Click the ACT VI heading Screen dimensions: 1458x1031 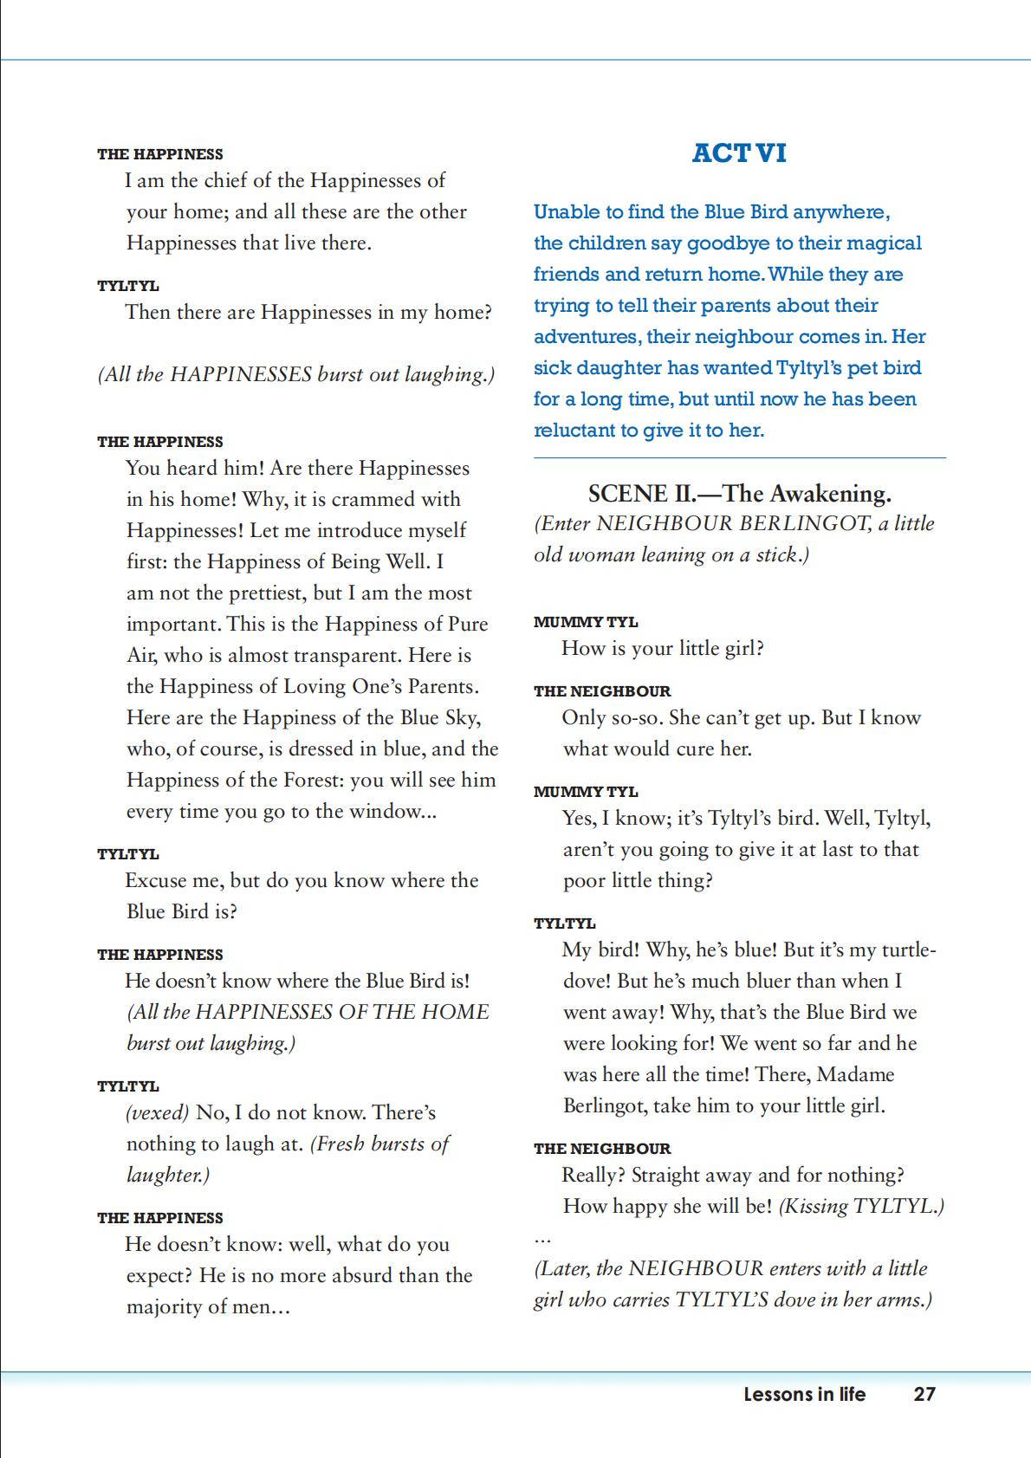[739, 153]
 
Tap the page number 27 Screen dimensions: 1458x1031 [924, 1394]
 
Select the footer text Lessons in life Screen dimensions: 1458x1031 [804, 1394]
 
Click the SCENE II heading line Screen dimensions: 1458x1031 [739, 494]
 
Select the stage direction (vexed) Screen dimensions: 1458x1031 [157, 1113]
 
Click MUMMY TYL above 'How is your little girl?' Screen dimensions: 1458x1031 [586, 622]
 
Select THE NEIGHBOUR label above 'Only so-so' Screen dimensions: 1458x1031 [602, 691]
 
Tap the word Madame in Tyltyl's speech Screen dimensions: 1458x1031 [854, 1075]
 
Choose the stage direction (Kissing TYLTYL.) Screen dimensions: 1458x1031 [861, 1207]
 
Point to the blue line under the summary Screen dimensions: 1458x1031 [739, 457]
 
